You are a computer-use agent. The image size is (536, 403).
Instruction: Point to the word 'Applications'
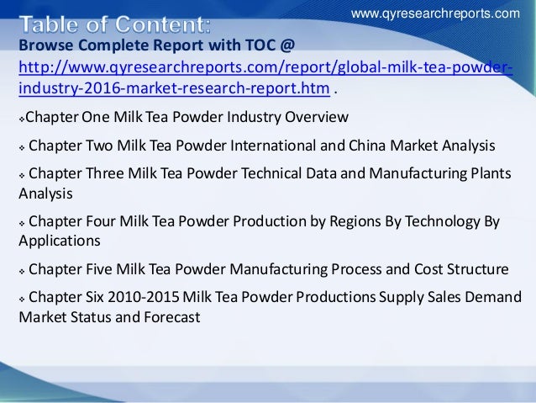point(59,241)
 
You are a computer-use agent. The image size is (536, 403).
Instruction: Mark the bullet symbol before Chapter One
point(22,116)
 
